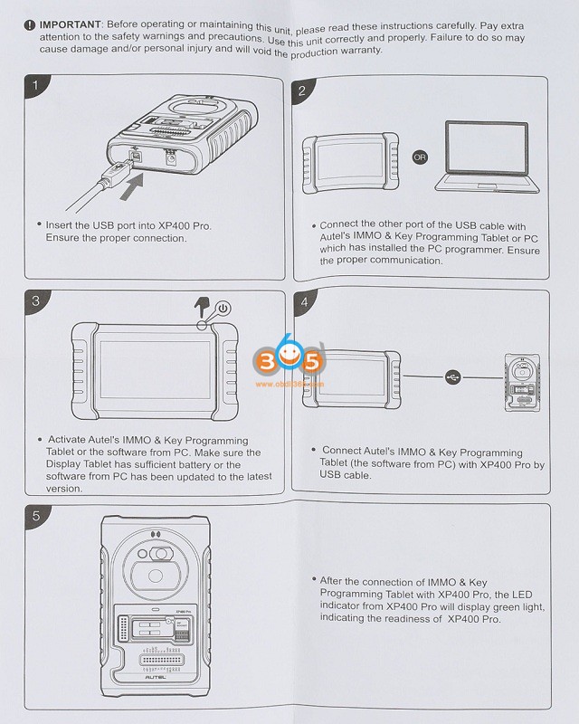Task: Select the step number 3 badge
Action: [x=35, y=301]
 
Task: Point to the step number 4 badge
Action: [x=304, y=301]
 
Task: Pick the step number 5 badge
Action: [x=35, y=517]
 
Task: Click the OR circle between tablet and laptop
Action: [x=419, y=157]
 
